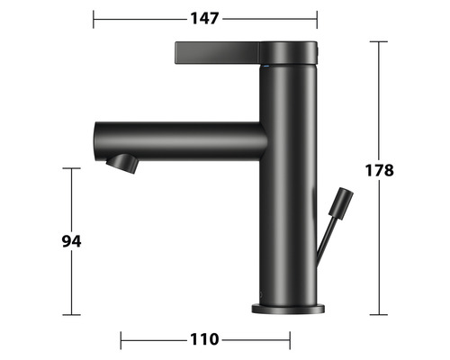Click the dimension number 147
204,19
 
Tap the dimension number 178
379,170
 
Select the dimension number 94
71,241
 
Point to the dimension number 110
204,339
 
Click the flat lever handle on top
217,53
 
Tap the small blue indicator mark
266,66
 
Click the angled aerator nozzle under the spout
122,164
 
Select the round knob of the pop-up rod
341,202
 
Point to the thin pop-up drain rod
325,237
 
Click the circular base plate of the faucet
288,309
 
